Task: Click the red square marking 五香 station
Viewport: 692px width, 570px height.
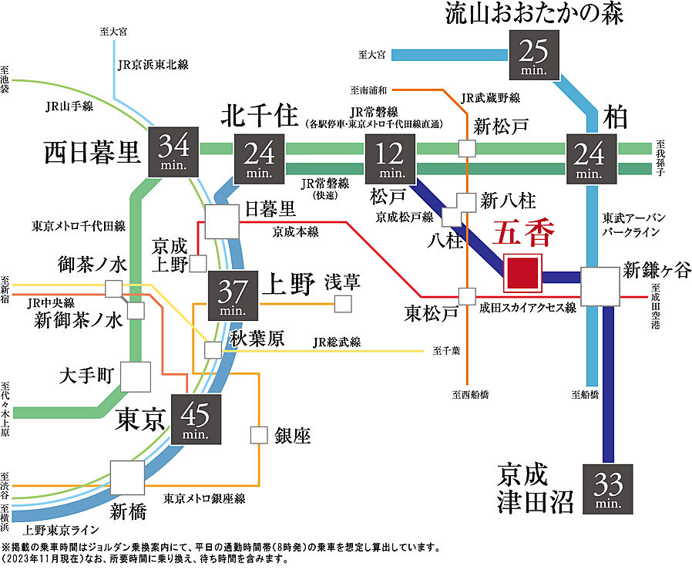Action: click(522, 273)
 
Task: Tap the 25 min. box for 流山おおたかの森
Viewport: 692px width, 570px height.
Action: click(544, 56)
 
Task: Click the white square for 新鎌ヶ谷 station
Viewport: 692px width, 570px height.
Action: click(601, 286)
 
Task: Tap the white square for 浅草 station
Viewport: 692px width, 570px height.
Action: click(342, 303)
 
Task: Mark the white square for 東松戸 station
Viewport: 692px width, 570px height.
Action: click(465, 296)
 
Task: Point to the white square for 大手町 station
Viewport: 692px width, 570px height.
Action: click(136, 376)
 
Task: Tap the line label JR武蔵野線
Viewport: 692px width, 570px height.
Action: click(490, 98)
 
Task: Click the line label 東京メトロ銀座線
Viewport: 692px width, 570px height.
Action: click(203, 499)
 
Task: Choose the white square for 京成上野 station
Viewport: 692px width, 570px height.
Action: click(197, 263)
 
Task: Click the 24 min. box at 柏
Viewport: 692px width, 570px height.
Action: click(593, 157)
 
